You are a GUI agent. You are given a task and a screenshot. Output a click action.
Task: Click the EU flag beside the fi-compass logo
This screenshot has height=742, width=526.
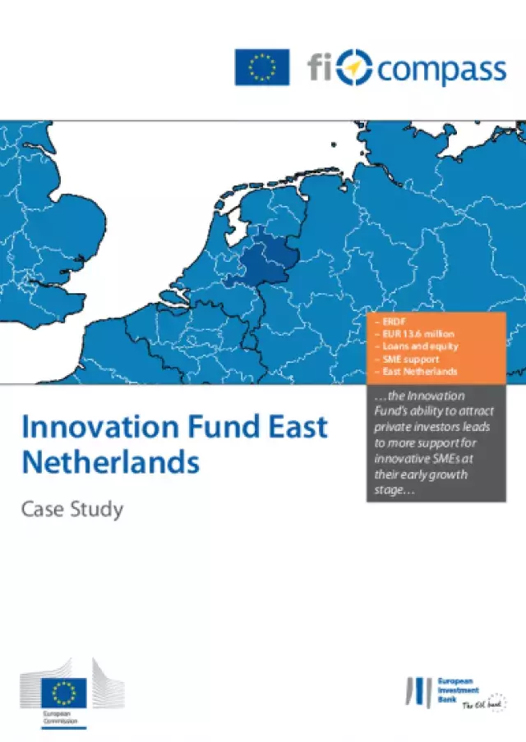point(262,66)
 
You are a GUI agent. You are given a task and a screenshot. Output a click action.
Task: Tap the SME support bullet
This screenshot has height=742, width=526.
point(409,359)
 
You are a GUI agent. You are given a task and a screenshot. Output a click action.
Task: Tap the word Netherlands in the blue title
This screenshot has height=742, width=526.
point(110,462)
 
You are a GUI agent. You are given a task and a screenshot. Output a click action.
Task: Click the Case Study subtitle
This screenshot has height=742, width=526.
point(72,509)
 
